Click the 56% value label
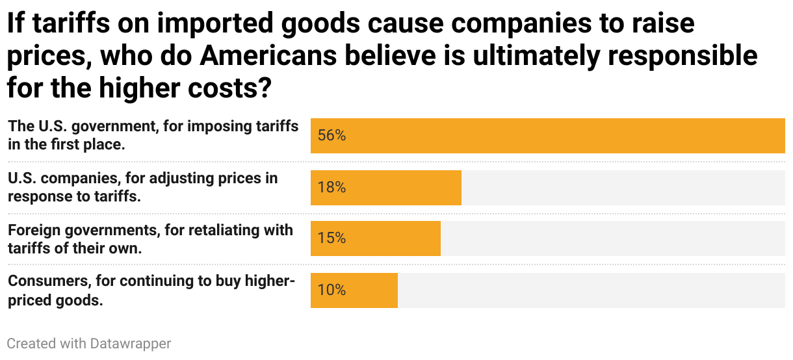[331, 136]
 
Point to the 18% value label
[331, 188]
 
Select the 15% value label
[331, 238]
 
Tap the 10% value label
[331, 290]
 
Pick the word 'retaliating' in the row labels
[222, 230]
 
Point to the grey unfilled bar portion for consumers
[591, 290]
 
